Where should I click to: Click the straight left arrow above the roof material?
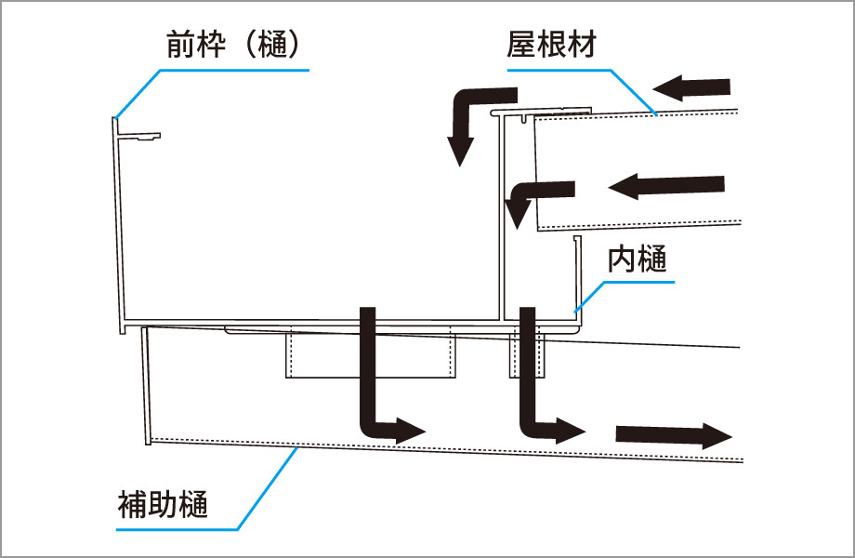tap(691, 88)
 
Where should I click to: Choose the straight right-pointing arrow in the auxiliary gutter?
tap(673, 435)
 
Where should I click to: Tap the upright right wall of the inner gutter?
tap(578, 279)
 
